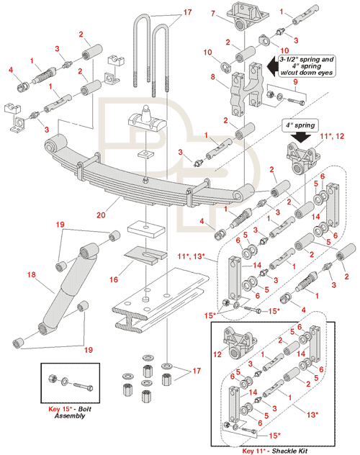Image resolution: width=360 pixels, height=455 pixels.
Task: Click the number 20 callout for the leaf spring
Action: (x=101, y=215)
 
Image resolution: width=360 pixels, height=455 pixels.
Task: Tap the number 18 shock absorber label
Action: (x=32, y=274)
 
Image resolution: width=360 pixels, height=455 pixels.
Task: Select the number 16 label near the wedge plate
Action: (x=114, y=279)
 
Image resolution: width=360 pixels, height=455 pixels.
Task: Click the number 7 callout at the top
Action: (x=213, y=14)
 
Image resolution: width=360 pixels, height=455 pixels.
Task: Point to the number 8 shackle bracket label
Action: (x=213, y=77)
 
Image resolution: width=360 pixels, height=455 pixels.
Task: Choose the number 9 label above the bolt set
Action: (x=295, y=82)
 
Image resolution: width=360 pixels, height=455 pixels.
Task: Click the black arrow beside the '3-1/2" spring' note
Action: (x=272, y=66)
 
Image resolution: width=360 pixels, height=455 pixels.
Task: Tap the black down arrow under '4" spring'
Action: (x=300, y=137)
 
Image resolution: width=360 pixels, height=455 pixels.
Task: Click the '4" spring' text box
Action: (x=300, y=125)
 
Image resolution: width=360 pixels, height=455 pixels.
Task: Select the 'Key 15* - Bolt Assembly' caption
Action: (x=70, y=413)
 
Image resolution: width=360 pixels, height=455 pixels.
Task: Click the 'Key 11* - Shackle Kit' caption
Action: (x=275, y=451)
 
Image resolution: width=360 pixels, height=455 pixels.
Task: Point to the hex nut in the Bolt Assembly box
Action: (x=53, y=379)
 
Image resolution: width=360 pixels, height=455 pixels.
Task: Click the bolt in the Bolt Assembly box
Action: (x=84, y=386)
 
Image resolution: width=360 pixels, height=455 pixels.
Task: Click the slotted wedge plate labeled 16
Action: (x=145, y=256)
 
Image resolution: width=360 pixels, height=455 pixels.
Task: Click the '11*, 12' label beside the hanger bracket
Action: (x=332, y=136)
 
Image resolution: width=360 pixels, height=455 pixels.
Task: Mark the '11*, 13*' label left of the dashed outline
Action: (x=192, y=256)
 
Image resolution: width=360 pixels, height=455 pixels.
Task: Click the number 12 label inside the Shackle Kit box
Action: (x=217, y=354)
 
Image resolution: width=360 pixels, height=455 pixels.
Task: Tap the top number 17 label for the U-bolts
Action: (x=187, y=12)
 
